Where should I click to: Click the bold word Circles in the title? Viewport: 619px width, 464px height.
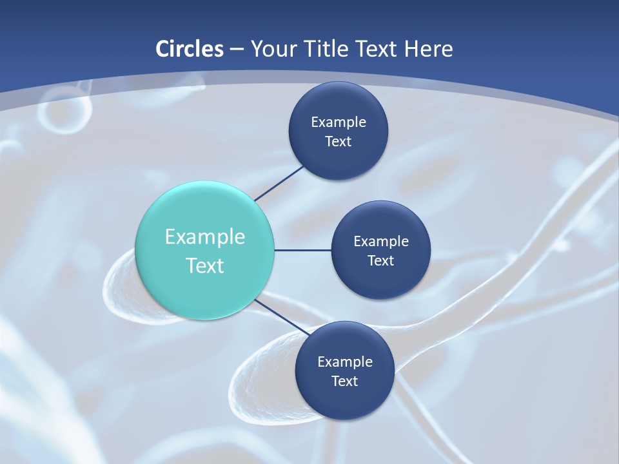point(189,49)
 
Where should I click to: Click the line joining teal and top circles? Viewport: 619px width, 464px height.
point(279,183)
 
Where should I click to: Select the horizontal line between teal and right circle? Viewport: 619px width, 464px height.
point(302,250)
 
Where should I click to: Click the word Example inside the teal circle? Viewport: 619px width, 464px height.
point(205,237)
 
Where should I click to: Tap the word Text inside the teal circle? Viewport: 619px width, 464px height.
point(205,266)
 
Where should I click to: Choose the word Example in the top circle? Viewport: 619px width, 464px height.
point(338,122)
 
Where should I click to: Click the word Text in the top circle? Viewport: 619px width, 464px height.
point(338,141)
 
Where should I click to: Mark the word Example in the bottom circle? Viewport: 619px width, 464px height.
point(344,362)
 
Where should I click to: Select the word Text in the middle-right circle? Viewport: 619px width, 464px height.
point(380,260)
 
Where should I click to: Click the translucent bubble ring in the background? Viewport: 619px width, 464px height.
point(64,113)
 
